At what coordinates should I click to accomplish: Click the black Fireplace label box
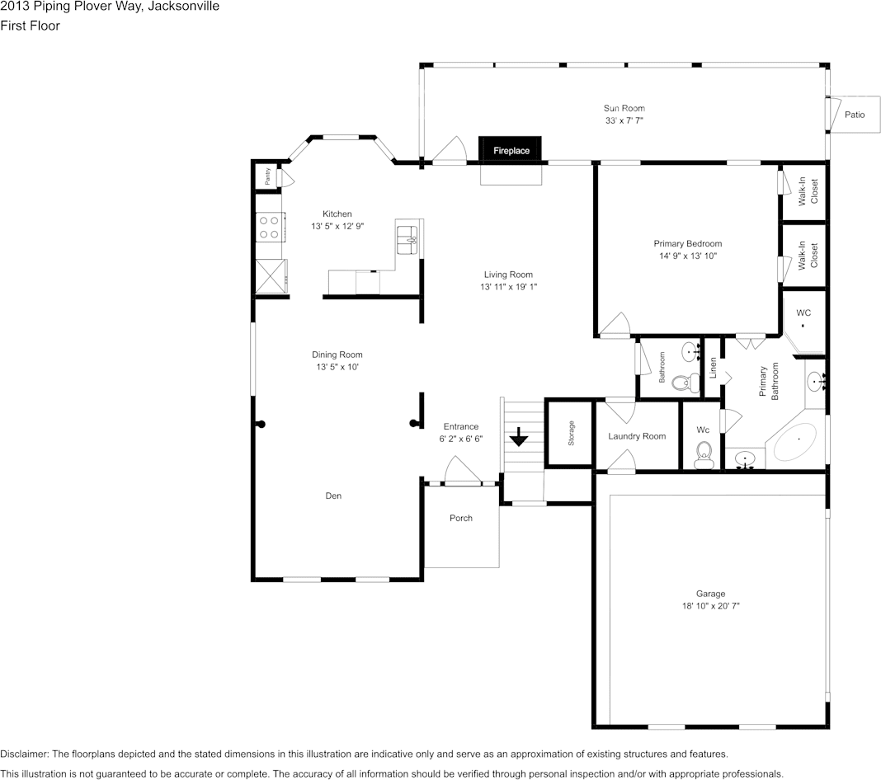pos(510,150)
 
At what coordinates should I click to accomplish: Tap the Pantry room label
pos(267,176)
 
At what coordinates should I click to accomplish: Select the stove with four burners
pos(271,227)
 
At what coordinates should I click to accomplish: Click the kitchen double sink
pos(407,240)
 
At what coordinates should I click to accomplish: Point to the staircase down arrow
pos(518,436)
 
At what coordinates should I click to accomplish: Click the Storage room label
pos(571,433)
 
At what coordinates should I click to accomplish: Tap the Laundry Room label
pos(637,436)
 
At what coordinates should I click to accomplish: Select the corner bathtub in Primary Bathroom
pos(795,442)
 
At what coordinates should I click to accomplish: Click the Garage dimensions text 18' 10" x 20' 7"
pos(711,606)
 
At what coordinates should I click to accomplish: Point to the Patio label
pos(855,115)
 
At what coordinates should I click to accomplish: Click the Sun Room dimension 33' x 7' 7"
pos(624,120)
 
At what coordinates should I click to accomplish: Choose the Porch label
pos(461,519)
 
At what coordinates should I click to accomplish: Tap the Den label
pos(333,496)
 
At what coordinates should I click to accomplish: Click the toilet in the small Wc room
pos(703,455)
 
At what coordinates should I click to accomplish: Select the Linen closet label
pos(713,368)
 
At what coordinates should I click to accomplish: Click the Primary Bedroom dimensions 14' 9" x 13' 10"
pos(688,256)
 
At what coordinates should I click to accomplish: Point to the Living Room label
pos(508,275)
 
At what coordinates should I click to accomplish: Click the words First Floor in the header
pos(30,26)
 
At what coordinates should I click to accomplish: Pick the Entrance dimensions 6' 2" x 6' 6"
pos(461,439)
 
